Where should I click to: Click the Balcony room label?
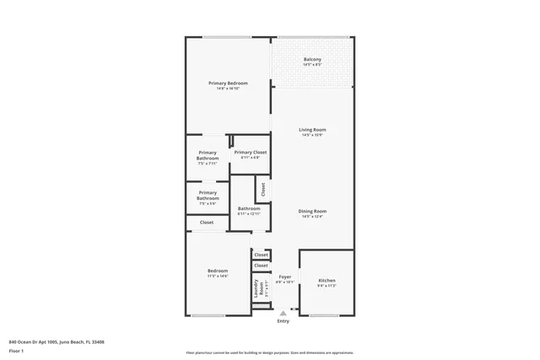click(x=312, y=59)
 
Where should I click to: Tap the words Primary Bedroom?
click(x=229, y=83)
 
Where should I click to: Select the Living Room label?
click(x=312, y=130)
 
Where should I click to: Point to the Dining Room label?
click(x=312, y=211)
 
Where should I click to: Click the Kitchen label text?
click(x=327, y=280)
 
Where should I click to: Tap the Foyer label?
click(x=285, y=277)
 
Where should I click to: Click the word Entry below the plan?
click(x=283, y=320)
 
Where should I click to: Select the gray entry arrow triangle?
click(x=283, y=313)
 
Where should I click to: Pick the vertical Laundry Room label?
click(x=256, y=288)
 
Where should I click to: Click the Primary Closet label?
click(x=251, y=153)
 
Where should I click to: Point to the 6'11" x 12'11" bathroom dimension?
click(x=249, y=213)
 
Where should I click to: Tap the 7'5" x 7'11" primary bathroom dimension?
click(x=208, y=163)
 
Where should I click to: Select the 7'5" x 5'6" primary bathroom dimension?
click(x=208, y=203)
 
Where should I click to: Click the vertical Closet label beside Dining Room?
click(x=263, y=190)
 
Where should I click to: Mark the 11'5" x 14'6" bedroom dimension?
click(x=218, y=276)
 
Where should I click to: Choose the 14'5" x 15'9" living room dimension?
click(x=312, y=135)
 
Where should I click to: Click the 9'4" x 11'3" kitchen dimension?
click(x=327, y=285)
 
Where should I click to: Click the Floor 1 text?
click(x=18, y=350)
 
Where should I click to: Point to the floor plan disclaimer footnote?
click(x=269, y=352)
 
